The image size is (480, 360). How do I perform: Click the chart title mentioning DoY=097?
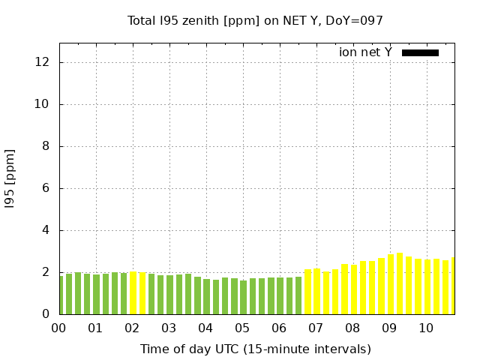point(256,20)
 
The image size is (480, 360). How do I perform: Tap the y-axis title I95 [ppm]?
point(10,178)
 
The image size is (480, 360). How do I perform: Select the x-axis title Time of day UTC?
point(255,349)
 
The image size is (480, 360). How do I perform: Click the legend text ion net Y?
point(365,52)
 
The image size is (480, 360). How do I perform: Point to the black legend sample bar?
point(420,52)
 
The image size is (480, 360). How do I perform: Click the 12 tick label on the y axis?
point(43,62)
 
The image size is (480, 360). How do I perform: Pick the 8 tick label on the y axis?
point(46,146)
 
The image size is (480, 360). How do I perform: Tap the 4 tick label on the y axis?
point(46,230)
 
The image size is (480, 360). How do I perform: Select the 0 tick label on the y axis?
point(46,314)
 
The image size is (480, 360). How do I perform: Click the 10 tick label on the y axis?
point(43,104)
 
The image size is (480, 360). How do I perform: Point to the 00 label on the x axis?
point(58,328)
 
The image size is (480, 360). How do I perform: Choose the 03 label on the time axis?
point(168,328)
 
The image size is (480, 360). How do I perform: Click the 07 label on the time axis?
point(315,328)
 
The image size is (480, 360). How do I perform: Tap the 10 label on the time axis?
point(425,328)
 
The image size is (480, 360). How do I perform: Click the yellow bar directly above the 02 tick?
point(133,293)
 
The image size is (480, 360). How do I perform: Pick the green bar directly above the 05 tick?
point(244,297)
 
